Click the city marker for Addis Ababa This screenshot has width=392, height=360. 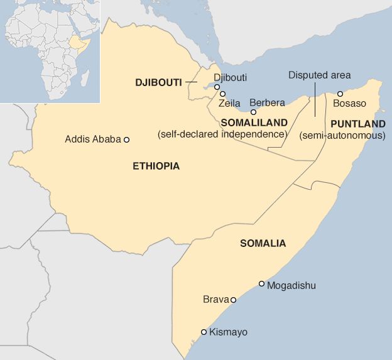(126, 139)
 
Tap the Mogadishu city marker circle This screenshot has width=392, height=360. (262, 284)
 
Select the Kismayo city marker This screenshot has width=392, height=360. (204, 332)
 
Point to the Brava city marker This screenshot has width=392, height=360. (233, 300)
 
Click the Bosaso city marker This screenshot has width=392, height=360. (340, 94)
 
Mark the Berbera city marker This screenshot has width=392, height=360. (254, 112)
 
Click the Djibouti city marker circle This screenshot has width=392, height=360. (217, 87)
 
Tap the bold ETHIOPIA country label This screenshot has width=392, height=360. (156, 166)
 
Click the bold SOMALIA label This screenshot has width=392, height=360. (263, 243)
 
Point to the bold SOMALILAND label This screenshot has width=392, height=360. (254, 123)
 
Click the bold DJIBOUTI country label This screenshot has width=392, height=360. (158, 82)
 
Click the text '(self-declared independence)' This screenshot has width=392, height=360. (222, 134)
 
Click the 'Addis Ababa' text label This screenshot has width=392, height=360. (92, 139)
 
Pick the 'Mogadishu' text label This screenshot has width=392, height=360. (291, 286)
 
